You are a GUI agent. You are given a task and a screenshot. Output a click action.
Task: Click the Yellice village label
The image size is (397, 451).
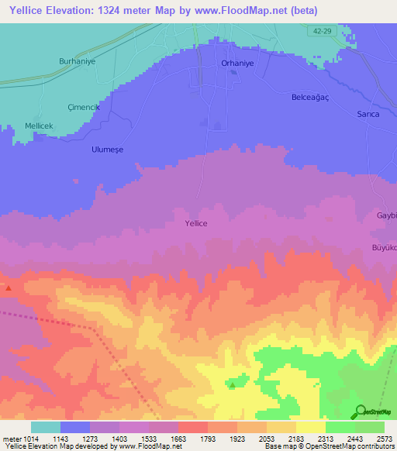(x=196, y=223)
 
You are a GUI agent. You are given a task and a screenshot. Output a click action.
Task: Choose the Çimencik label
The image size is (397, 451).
(x=84, y=108)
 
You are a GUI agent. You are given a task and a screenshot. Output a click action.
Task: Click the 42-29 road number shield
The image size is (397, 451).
(x=327, y=29)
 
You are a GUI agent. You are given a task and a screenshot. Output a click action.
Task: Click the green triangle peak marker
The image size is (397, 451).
(x=233, y=384)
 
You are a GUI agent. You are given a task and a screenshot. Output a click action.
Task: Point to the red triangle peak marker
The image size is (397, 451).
(x=9, y=288)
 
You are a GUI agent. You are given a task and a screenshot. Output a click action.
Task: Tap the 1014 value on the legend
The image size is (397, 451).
(x=22, y=439)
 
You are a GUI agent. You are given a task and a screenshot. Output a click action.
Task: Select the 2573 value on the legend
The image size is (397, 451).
(x=385, y=439)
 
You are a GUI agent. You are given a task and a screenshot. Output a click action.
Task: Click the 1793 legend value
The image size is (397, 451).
(x=208, y=439)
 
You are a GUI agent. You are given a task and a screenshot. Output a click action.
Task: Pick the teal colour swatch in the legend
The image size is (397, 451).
(x=46, y=427)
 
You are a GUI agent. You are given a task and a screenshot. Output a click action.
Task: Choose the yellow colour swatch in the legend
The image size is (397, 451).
(x=310, y=427)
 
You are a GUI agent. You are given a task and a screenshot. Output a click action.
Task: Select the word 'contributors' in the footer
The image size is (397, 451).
(x=375, y=447)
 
